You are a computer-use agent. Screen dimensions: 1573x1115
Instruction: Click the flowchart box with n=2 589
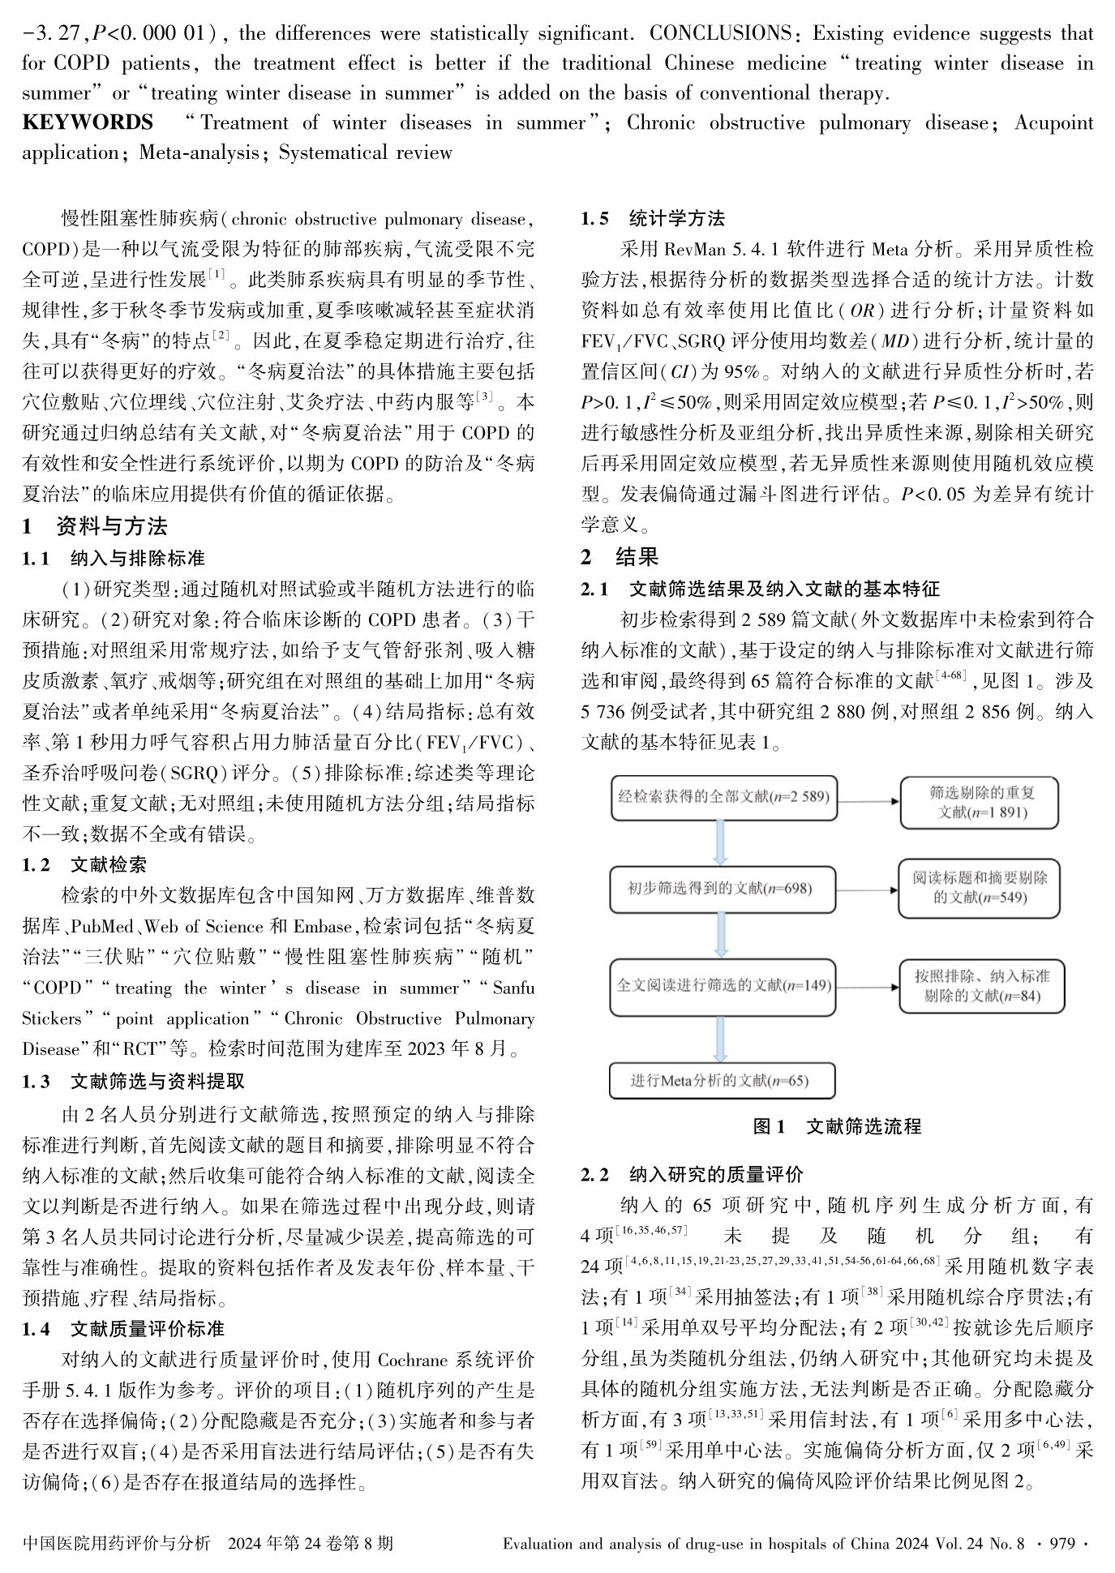pos(723,798)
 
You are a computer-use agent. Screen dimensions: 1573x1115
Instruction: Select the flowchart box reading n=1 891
pos(980,802)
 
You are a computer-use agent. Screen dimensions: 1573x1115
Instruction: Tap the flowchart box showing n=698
pos(720,889)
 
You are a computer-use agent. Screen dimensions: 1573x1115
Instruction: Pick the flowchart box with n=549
pos(980,888)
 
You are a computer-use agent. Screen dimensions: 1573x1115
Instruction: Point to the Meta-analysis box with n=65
pos(722,1080)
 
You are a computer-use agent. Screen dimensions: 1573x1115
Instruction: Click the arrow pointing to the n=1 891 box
pos(868,801)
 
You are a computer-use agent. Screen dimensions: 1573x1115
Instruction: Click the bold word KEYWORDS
pos(88,123)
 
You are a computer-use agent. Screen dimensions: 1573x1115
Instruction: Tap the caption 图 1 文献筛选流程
pos(837,1126)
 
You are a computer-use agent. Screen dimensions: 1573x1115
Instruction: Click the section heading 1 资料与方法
pos(95,526)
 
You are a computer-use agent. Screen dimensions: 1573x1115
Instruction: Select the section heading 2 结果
pos(620,556)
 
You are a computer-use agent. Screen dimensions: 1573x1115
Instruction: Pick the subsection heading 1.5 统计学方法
pos(653,218)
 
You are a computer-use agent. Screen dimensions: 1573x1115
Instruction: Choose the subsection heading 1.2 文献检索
pos(84,864)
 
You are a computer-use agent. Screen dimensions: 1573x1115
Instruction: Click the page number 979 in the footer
pos(1061,1543)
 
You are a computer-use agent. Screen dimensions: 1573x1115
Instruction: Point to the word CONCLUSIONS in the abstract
pos(719,34)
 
